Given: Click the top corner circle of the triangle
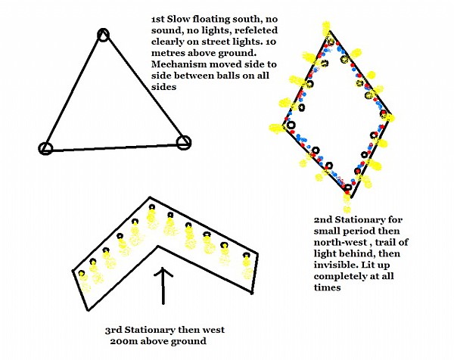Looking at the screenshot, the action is [104, 35].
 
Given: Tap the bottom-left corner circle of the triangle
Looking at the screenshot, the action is [45, 148].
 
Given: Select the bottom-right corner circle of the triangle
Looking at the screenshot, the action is [184, 143].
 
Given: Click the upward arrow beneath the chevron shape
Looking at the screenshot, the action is [163, 285].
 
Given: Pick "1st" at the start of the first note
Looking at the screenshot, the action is [158, 19].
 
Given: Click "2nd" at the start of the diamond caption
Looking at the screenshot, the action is [323, 219].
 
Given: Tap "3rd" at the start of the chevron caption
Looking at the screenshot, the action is [113, 330].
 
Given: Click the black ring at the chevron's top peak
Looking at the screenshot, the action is [152, 207].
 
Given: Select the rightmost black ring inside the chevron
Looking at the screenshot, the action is [247, 255].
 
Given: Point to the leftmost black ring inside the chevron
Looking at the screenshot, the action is [82, 273].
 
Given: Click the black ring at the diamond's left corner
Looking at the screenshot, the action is [291, 125].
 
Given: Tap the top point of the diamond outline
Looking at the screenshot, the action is [330, 32].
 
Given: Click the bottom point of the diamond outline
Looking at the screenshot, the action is [350, 197].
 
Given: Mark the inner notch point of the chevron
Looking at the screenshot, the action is [158, 247].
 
